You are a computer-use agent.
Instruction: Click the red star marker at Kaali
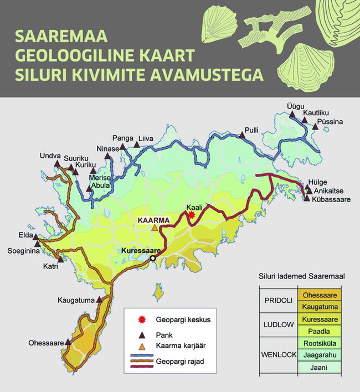tap(191, 215)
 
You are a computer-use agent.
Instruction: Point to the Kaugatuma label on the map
tap(76, 301)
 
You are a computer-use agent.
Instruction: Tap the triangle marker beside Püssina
tap(315, 127)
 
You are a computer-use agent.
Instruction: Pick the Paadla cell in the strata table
tap(319, 331)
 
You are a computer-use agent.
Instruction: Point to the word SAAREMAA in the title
tap(55, 37)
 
